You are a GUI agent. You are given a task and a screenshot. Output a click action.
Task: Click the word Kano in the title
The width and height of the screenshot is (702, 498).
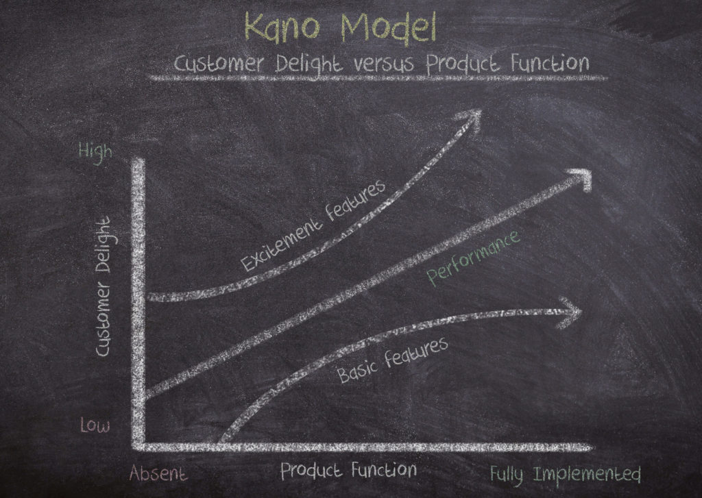click(282, 27)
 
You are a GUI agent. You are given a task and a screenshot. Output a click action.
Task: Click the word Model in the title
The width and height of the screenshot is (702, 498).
click(389, 27)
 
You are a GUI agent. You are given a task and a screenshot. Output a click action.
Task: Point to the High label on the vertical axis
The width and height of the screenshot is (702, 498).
click(95, 152)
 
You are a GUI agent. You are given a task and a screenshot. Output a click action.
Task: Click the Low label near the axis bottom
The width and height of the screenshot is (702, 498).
click(95, 425)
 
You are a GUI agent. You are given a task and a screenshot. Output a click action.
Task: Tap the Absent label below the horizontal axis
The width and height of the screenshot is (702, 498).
click(158, 473)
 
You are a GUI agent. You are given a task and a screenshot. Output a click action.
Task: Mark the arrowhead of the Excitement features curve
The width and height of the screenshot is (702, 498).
click(470, 118)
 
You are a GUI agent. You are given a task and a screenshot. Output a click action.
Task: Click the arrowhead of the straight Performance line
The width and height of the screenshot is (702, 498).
click(581, 179)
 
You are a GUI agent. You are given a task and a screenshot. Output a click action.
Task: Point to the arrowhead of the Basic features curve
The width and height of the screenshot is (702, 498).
click(570, 312)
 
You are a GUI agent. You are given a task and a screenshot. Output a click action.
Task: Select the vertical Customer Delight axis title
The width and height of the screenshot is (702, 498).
click(103, 287)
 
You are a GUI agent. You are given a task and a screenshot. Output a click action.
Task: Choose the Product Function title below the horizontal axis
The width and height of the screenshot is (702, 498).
click(348, 471)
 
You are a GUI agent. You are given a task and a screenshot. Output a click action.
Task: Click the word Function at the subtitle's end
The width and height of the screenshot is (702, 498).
click(550, 63)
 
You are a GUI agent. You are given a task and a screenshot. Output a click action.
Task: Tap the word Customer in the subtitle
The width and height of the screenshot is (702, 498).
click(219, 64)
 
